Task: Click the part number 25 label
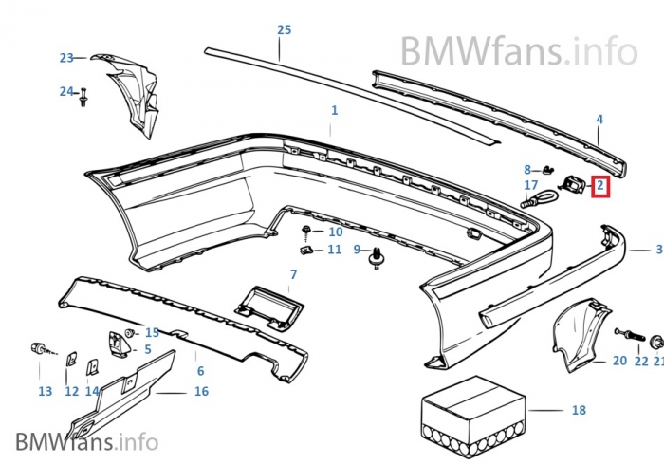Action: (x=284, y=29)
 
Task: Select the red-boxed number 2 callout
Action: (x=600, y=186)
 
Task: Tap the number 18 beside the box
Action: (x=580, y=410)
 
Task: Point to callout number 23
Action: (x=65, y=58)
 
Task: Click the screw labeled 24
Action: (x=85, y=95)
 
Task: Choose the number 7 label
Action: (x=293, y=274)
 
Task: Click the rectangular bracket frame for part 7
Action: (x=268, y=307)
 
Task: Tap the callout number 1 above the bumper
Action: (x=334, y=111)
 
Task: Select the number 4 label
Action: (x=599, y=120)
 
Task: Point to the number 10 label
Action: (x=336, y=232)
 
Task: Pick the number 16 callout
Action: (x=201, y=391)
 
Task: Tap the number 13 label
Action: (x=46, y=391)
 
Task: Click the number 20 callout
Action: (x=619, y=361)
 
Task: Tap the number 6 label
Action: (x=200, y=370)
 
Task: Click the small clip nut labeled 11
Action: (x=306, y=251)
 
